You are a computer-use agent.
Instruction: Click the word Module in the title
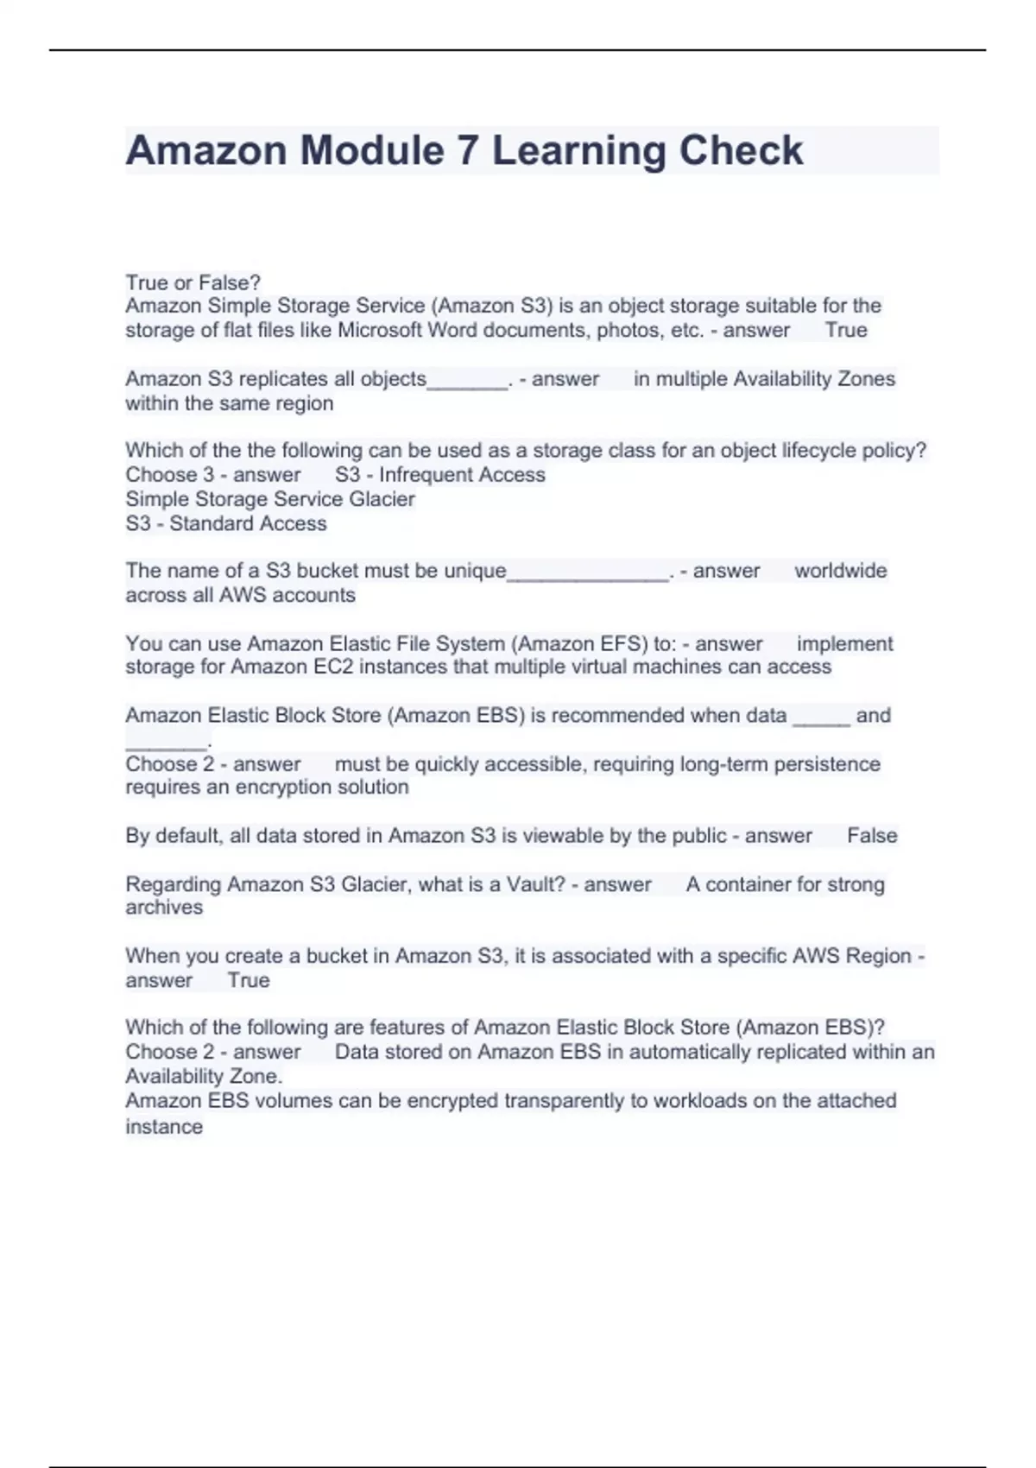pos(371,150)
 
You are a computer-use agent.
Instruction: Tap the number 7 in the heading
pos(467,150)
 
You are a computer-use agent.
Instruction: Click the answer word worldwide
pos(840,571)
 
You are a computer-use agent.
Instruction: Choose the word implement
pos(844,643)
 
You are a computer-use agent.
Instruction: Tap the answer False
pos(872,836)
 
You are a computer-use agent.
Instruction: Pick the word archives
pos(164,908)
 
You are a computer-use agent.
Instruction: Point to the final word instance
pos(164,1127)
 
